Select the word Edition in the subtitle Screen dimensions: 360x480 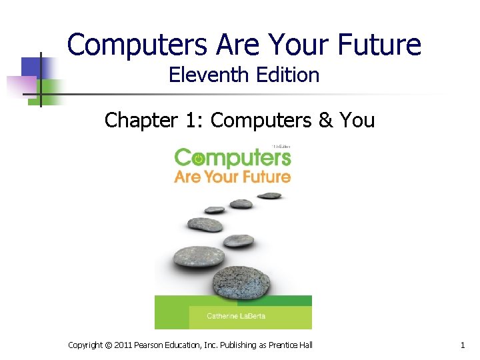coord(287,75)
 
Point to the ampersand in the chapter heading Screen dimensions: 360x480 coord(325,120)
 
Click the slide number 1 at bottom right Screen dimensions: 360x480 coord(462,345)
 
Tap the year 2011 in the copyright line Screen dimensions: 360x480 coord(123,345)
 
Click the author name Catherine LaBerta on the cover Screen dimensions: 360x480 coord(227,316)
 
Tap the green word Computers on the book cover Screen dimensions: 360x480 coord(233,158)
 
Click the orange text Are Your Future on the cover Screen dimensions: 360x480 coord(233,177)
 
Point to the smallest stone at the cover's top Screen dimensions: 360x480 coord(269,195)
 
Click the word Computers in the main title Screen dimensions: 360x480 coord(137,45)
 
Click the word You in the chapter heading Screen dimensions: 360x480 coord(357,120)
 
